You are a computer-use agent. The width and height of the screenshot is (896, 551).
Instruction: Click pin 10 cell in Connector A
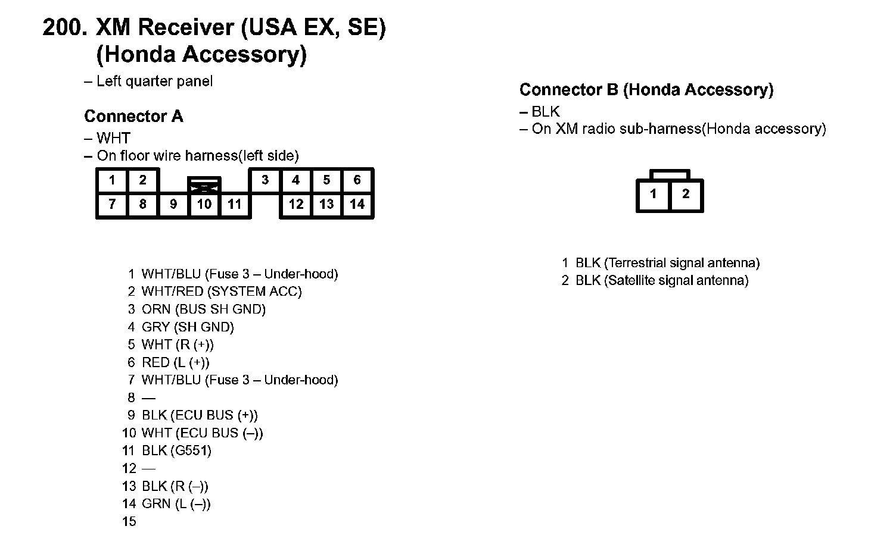pos(204,205)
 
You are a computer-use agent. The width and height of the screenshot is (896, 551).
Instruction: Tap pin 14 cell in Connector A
pos(357,205)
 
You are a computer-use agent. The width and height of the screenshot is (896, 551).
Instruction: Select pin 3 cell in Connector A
pos(265,180)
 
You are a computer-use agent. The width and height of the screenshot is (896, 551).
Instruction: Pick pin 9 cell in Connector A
pos(173,205)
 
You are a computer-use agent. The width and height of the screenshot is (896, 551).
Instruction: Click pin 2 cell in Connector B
pos(686,194)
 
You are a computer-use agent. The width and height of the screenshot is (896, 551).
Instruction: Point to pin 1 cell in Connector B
pos(654,194)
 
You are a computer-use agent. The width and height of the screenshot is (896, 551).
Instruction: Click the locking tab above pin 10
pos(204,184)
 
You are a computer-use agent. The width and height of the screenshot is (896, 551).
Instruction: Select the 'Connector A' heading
pos(133,116)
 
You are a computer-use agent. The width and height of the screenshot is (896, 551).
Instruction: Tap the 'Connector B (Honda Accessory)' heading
pos(646,90)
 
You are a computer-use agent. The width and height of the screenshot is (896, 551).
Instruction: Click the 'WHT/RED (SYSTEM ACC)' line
pos(222,292)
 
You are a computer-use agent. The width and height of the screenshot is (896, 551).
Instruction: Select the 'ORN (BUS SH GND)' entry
pos(203,309)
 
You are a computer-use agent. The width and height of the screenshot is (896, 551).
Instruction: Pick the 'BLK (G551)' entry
pos(176,450)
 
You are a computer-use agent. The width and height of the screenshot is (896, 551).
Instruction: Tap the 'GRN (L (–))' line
pos(176,504)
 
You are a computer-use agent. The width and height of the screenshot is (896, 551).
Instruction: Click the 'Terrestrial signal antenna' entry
pos(667,263)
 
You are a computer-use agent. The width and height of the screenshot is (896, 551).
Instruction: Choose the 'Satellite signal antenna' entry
pos(661,280)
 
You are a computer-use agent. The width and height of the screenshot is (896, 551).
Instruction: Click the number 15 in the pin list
pos(129,522)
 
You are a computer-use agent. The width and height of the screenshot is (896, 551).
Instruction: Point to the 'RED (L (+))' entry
pos(175,362)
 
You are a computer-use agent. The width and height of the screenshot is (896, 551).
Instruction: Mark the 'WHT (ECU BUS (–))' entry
pos(202,433)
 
